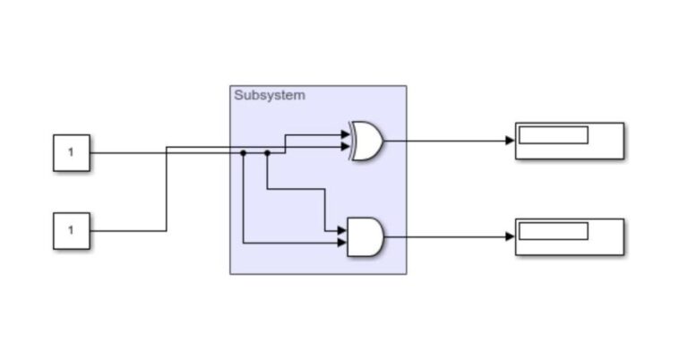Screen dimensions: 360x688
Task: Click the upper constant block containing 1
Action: click(71, 153)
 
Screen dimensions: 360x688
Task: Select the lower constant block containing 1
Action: click(71, 231)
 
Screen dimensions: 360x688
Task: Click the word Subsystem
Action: click(269, 95)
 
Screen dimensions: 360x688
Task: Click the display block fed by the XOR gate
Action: click(569, 141)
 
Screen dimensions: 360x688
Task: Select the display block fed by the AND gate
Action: click(569, 237)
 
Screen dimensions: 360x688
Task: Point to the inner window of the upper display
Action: click(554, 135)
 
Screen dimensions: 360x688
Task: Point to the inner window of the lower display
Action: click(554, 231)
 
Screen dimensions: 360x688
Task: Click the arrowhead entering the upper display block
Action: click(511, 141)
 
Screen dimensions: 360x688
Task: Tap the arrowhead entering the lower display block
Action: click(511, 237)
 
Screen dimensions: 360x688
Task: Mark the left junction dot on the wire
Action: click(244, 153)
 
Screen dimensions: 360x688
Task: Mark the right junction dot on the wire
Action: click(267, 153)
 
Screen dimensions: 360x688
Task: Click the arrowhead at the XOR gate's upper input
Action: click(346, 135)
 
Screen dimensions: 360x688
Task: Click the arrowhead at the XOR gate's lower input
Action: click(346, 147)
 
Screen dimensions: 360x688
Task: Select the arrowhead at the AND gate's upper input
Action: click(341, 230)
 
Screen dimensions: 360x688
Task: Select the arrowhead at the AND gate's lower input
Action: click(341, 243)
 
